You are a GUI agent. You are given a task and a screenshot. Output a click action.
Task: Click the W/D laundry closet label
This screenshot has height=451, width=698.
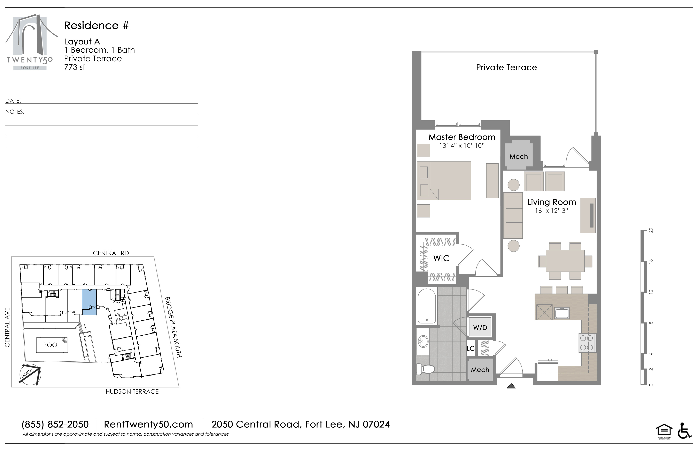click(x=480, y=328)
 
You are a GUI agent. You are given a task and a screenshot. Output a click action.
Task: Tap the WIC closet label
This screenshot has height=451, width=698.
click(x=441, y=258)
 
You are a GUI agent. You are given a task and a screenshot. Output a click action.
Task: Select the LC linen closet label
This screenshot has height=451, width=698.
click(x=470, y=348)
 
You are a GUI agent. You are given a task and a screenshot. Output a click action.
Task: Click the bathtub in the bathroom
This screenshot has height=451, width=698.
click(x=427, y=306)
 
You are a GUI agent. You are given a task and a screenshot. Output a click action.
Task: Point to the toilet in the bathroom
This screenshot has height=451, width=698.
click(x=425, y=369)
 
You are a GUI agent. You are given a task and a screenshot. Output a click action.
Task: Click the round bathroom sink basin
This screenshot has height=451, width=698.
click(x=423, y=341)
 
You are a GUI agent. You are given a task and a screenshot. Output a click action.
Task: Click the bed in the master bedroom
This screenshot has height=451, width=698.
click(x=444, y=181)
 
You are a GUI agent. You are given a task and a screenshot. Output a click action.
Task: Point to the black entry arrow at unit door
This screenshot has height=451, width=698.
click(x=511, y=386)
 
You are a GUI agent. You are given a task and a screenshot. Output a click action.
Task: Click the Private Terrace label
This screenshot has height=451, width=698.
click(x=506, y=68)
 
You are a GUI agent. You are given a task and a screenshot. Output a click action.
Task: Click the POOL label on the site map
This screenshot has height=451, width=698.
click(x=52, y=345)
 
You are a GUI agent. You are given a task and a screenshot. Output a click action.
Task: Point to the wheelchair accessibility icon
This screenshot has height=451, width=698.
click(x=684, y=431)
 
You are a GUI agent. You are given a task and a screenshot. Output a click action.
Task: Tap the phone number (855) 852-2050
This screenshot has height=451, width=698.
click(x=55, y=424)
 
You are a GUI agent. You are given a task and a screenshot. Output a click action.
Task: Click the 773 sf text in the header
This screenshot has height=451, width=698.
click(x=75, y=67)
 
